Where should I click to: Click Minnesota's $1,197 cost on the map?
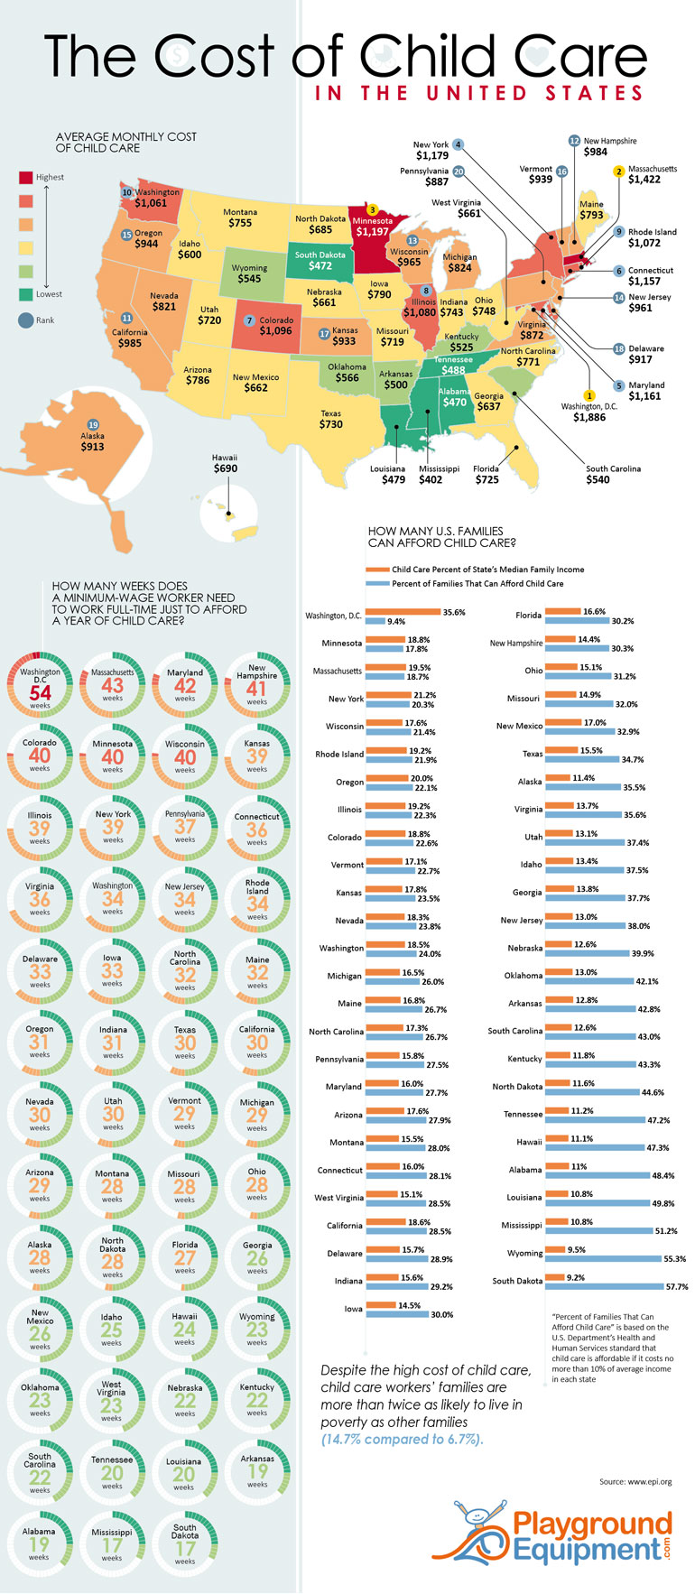373,232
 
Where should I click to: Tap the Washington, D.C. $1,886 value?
589,418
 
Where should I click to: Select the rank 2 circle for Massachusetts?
618,171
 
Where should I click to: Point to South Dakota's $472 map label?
320,266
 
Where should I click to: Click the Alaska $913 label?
92,446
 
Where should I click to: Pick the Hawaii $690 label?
225,468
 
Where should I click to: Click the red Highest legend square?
25,177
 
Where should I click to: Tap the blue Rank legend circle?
25,320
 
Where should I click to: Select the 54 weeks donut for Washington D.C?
40,685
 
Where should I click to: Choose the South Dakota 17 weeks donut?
185,1544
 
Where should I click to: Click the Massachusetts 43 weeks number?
112,686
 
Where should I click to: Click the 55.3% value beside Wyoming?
674,1259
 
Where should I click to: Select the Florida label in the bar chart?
529,616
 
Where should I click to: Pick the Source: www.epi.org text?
635,1481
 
